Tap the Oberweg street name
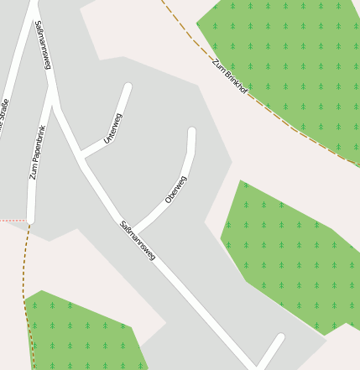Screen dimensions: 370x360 (x=176, y=190)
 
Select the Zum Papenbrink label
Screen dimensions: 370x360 (x=39, y=153)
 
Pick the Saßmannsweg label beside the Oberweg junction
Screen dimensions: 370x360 (x=138, y=240)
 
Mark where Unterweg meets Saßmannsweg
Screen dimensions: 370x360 (x=80, y=155)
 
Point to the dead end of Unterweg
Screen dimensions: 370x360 (x=128, y=86)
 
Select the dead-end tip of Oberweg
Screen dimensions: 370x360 (x=191, y=132)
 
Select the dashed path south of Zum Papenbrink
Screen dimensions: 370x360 (x=24, y=277)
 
